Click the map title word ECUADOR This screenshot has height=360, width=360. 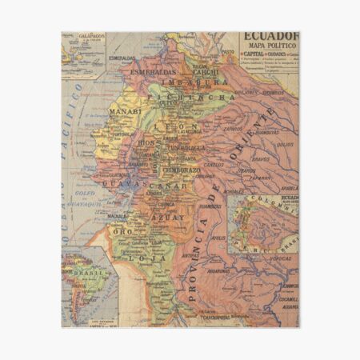pyautogui.click(x=270, y=38)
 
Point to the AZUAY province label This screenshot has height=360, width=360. pyautogui.click(x=170, y=218)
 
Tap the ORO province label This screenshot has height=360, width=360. pyautogui.click(x=125, y=231)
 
